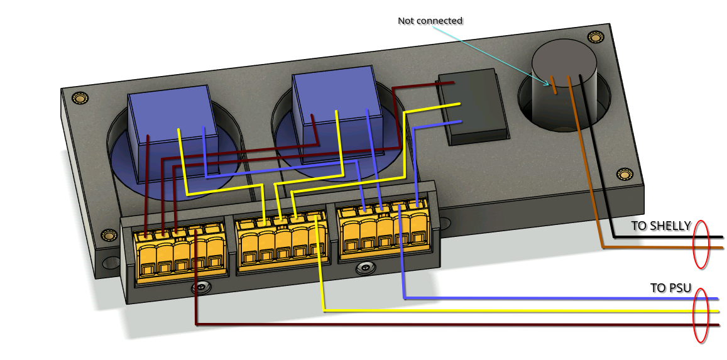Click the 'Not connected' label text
coord(430,21)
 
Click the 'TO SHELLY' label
coord(661,226)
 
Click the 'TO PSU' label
coord(670,288)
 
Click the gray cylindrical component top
coord(564,60)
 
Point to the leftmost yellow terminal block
coord(180,254)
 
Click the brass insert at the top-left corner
coord(79,98)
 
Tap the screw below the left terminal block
coord(201,288)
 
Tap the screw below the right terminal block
coord(363,268)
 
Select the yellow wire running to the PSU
coord(503,311)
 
